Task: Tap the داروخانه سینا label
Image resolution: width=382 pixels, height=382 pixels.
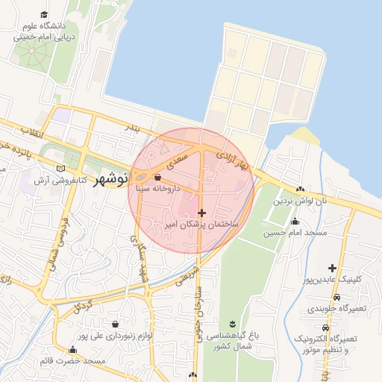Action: click(156, 190)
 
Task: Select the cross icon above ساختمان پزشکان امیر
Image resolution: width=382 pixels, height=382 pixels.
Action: click(201, 213)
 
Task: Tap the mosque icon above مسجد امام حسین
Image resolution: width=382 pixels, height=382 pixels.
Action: click(295, 222)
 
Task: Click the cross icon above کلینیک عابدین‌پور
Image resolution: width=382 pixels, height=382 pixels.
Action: click(332, 268)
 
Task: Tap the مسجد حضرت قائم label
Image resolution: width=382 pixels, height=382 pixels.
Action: click(72, 361)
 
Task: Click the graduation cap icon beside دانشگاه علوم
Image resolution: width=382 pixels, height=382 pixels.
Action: click(45, 15)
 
